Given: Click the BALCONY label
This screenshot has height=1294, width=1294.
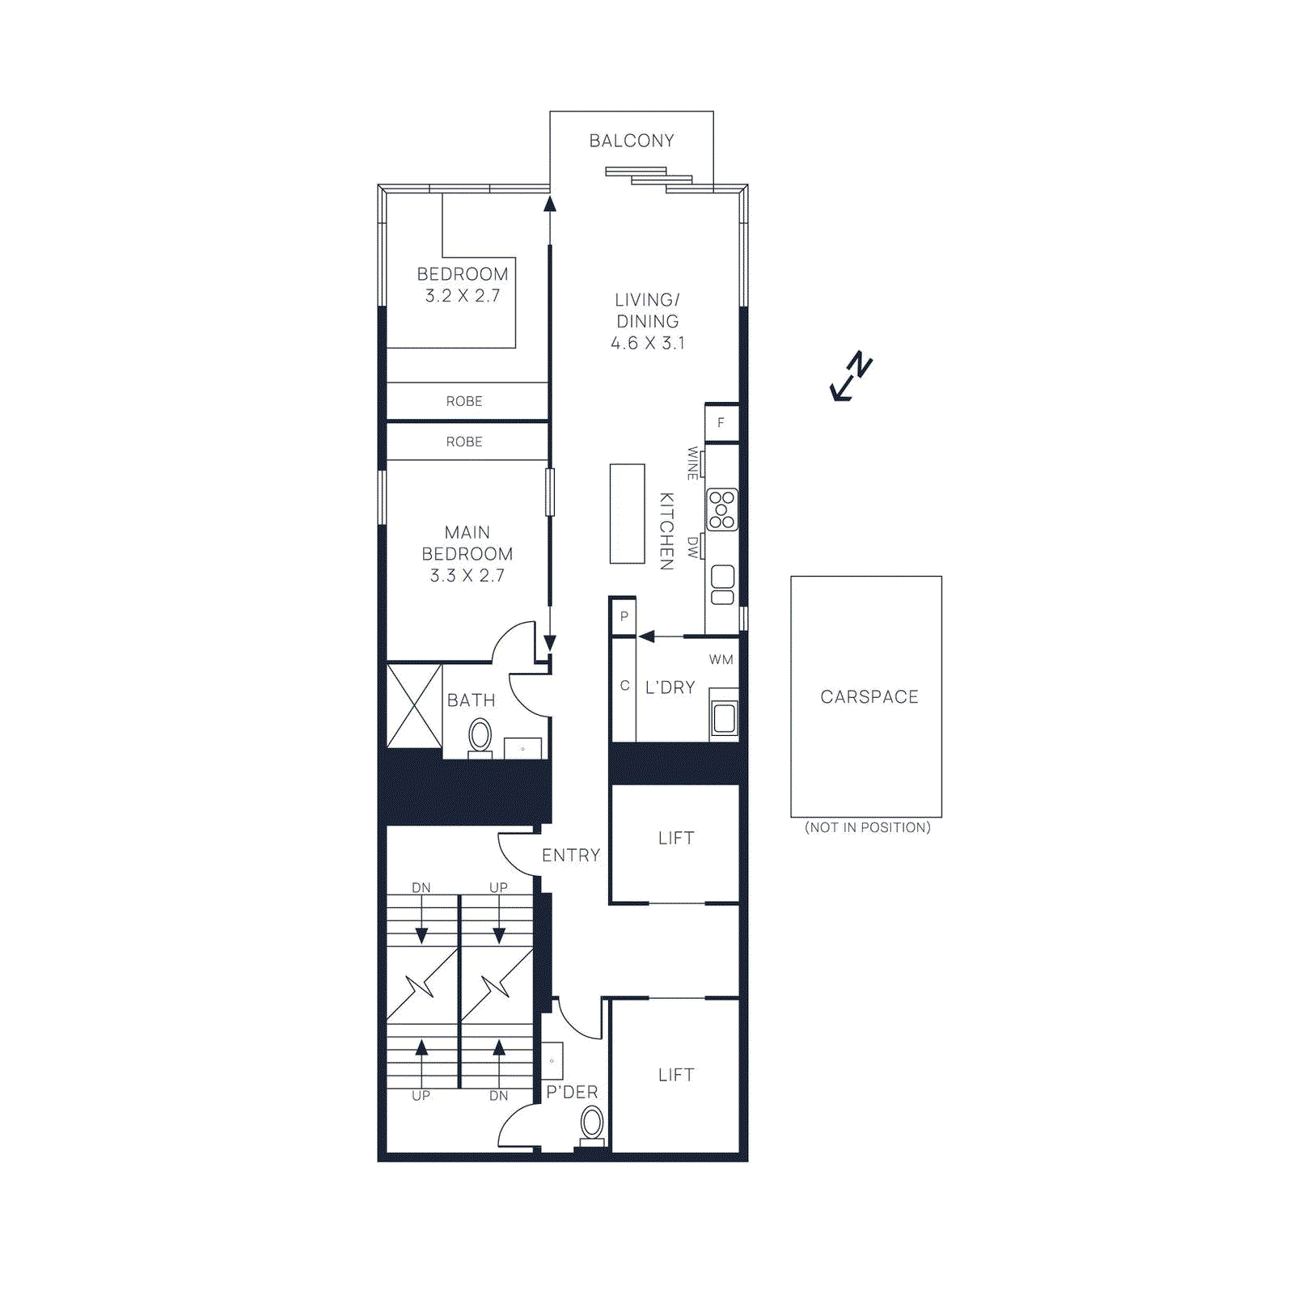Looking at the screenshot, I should (632, 141).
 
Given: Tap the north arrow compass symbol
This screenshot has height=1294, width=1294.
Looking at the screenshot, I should (852, 377).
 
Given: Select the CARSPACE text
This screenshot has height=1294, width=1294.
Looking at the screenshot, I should (869, 697).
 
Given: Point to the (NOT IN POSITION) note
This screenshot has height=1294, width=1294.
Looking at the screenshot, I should (868, 827).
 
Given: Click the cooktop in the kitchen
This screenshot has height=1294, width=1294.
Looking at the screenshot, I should (721, 510).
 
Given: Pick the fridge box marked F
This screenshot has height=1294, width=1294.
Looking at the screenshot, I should (721, 423).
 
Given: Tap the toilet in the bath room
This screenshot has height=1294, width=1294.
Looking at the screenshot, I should (480, 737).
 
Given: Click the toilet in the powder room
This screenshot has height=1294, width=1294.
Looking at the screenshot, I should (592, 1124).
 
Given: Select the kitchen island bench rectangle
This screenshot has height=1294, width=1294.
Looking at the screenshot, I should (627, 514).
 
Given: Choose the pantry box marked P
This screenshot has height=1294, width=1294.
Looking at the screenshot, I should (624, 616).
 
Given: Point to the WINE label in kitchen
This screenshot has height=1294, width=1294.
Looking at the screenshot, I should (693, 463).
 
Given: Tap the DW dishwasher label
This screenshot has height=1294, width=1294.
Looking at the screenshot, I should (693, 548).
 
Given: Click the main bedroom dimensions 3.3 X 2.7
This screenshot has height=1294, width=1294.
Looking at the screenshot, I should (467, 576).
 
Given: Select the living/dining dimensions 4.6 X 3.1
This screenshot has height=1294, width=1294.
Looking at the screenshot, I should (648, 343).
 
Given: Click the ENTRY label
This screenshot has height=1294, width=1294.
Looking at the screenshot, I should (571, 856).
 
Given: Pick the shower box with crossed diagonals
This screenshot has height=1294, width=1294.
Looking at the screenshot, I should (414, 706).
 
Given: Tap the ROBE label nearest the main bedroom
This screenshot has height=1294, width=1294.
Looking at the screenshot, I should (464, 442).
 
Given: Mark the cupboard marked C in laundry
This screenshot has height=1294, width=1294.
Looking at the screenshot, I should (624, 686).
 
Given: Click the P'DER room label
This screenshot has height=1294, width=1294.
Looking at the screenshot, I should (572, 1093).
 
